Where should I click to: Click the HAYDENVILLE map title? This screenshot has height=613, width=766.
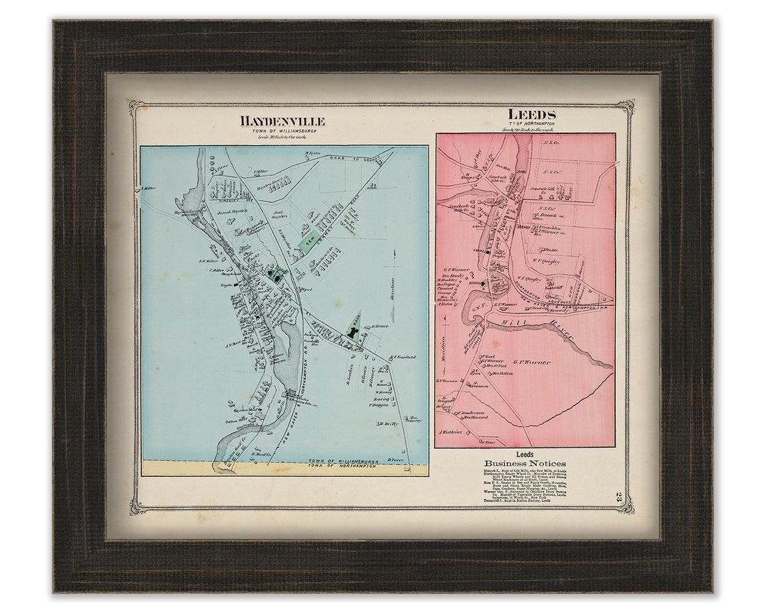coord(282,121)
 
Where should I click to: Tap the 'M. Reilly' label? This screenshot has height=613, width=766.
coord(386,424)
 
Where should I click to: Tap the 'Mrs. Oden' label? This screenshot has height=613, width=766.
coord(502,372)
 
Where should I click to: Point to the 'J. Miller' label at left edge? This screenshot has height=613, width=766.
coord(148,188)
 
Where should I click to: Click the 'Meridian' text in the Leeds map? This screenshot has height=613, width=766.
coord(443,348)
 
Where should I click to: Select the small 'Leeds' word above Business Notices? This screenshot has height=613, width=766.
coord(525,453)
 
